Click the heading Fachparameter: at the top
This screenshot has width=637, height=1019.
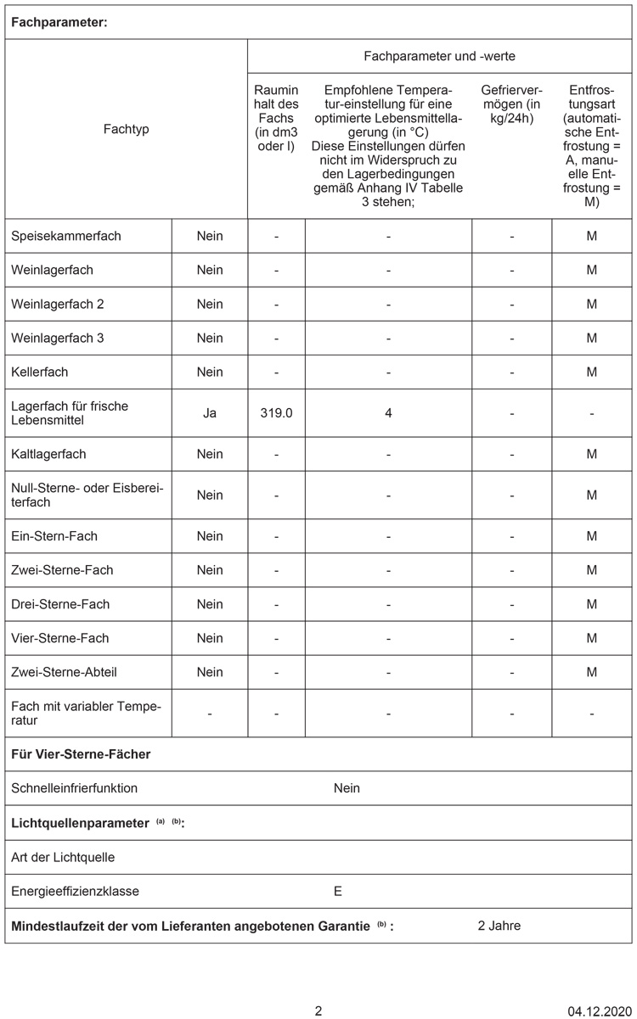[x=59, y=22]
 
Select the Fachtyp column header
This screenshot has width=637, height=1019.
[x=126, y=129]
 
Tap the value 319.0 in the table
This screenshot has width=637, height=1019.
[x=276, y=413]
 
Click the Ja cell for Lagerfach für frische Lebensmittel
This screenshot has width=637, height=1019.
[x=210, y=413]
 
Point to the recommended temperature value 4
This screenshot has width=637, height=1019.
[x=388, y=413]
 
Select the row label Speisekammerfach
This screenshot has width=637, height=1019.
[x=66, y=236]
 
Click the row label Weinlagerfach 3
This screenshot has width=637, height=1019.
[x=58, y=338]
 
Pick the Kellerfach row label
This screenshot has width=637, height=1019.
[x=40, y=372]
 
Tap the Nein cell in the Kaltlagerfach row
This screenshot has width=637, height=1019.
[x=210, y=454]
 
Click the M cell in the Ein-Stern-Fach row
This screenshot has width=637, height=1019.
[x=591, y=536]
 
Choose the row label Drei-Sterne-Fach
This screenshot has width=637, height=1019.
[x=60, y=604]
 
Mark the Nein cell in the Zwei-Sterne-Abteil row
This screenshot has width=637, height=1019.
[x=210, y=672]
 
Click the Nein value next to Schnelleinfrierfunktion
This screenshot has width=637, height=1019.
[x=347, y=788]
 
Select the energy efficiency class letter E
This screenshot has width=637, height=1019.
[x=338, y=892]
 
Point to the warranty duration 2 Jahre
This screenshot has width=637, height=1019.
[x=499, y=926]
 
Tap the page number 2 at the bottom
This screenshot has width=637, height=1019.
[x=318, y=1011]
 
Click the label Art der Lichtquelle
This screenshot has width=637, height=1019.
[x=63, y=857]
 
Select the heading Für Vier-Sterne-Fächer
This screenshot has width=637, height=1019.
[x=81, y=753]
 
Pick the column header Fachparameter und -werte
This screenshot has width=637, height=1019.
[x=439, y=56]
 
